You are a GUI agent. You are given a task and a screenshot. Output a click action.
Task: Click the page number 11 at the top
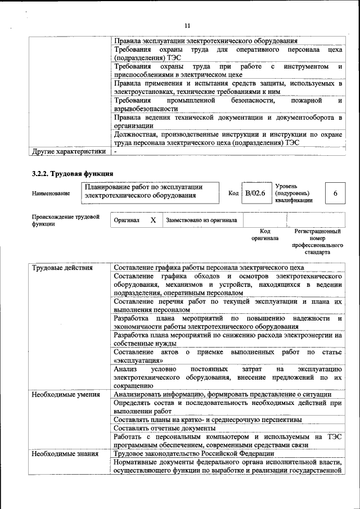(187, 25)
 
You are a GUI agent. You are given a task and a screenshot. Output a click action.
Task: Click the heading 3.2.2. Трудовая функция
(73, 173)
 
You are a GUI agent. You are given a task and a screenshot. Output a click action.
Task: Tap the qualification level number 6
(335, 193)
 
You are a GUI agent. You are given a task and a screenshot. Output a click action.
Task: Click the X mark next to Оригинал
(152, 220)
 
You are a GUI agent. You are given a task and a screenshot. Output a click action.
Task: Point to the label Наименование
(51, 193)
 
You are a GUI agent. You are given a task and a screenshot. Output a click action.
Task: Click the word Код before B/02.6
(233, 193)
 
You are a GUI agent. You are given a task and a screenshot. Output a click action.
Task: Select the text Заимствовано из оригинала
(201, 220)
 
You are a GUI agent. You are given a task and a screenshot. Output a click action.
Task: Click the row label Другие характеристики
(69, 151)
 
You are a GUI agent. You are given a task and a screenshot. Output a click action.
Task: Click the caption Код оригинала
(265, 235)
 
